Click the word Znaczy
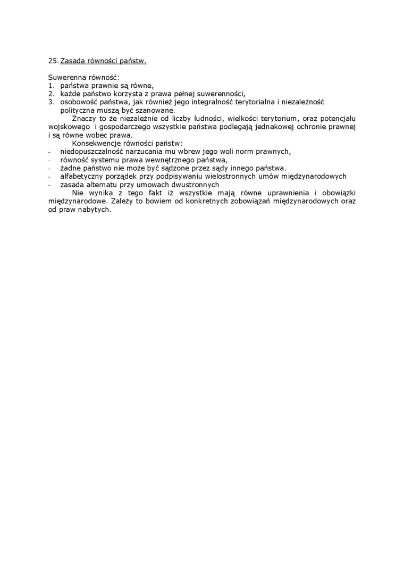click(84, 118)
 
